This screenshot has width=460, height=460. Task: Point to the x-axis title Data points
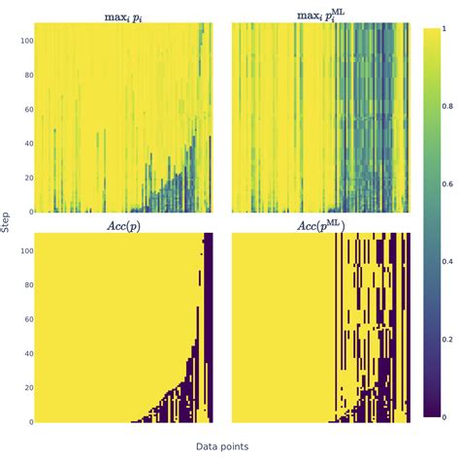[222, 446]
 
